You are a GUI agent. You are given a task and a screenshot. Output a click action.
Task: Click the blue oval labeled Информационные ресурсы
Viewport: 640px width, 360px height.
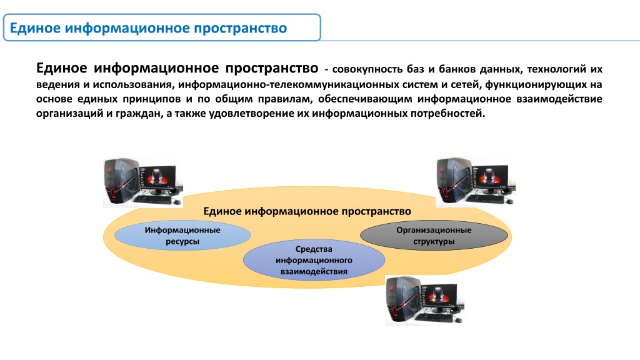coord(182,236)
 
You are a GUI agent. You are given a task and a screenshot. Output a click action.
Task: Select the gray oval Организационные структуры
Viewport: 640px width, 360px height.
coord(434,236)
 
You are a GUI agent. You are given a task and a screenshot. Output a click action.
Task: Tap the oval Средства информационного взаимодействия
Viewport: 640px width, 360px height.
coord(314,260)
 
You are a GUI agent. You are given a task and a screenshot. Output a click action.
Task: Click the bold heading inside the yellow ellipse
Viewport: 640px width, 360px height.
coord(307,211)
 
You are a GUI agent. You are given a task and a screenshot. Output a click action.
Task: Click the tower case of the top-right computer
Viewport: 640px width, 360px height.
coord(452,179)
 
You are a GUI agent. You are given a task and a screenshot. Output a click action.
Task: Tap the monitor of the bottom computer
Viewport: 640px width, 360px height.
coord(439,298)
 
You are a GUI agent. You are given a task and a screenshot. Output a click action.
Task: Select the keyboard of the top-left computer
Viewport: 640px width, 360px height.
coord(152,199)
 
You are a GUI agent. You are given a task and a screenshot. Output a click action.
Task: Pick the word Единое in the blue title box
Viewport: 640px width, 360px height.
coord(35,28)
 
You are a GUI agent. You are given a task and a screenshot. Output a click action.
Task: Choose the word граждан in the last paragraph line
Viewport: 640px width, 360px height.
coord(138,114)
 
